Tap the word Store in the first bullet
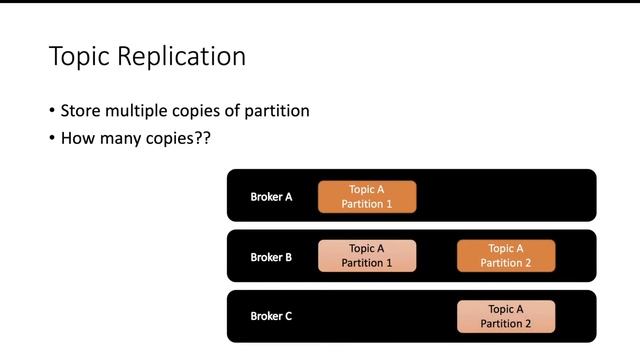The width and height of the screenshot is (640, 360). (80, 111)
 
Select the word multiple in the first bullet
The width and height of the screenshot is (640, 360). (135, 111)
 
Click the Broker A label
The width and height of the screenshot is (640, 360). (271, 197)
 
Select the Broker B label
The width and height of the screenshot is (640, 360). (271, 257)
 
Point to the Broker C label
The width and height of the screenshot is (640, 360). (271, 316)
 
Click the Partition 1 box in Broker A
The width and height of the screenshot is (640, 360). (367, 196)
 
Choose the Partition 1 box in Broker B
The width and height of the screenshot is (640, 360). (367, 256)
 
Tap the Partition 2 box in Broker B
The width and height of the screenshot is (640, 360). (506, 256)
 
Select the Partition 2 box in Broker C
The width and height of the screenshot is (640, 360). (506, 316)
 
